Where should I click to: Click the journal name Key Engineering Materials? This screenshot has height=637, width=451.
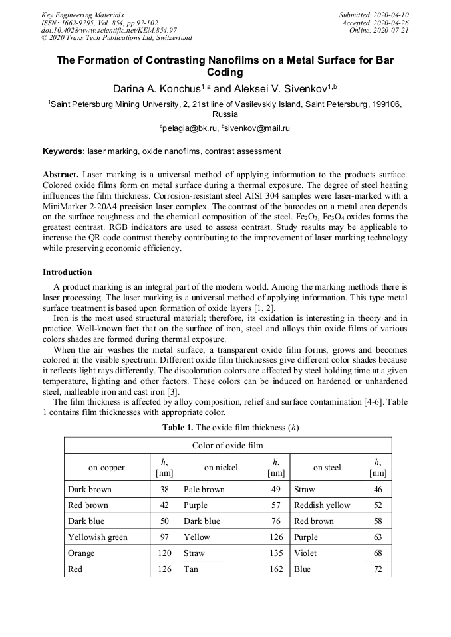click(82, 15)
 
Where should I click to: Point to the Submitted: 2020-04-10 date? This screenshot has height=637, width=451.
click(374, 15)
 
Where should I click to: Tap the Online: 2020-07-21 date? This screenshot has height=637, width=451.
click(378, 31)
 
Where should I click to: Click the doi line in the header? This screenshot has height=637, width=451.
click(109, 31)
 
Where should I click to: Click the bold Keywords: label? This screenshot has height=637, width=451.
click(64, 151)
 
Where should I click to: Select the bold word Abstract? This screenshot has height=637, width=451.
click(61, 175)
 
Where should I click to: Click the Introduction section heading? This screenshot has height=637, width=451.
click(67, 272)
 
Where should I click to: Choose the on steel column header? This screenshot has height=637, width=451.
click(327, 468)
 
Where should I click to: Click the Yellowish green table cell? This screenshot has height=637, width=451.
click(98, 537)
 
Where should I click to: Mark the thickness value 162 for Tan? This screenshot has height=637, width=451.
click(275, 569)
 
